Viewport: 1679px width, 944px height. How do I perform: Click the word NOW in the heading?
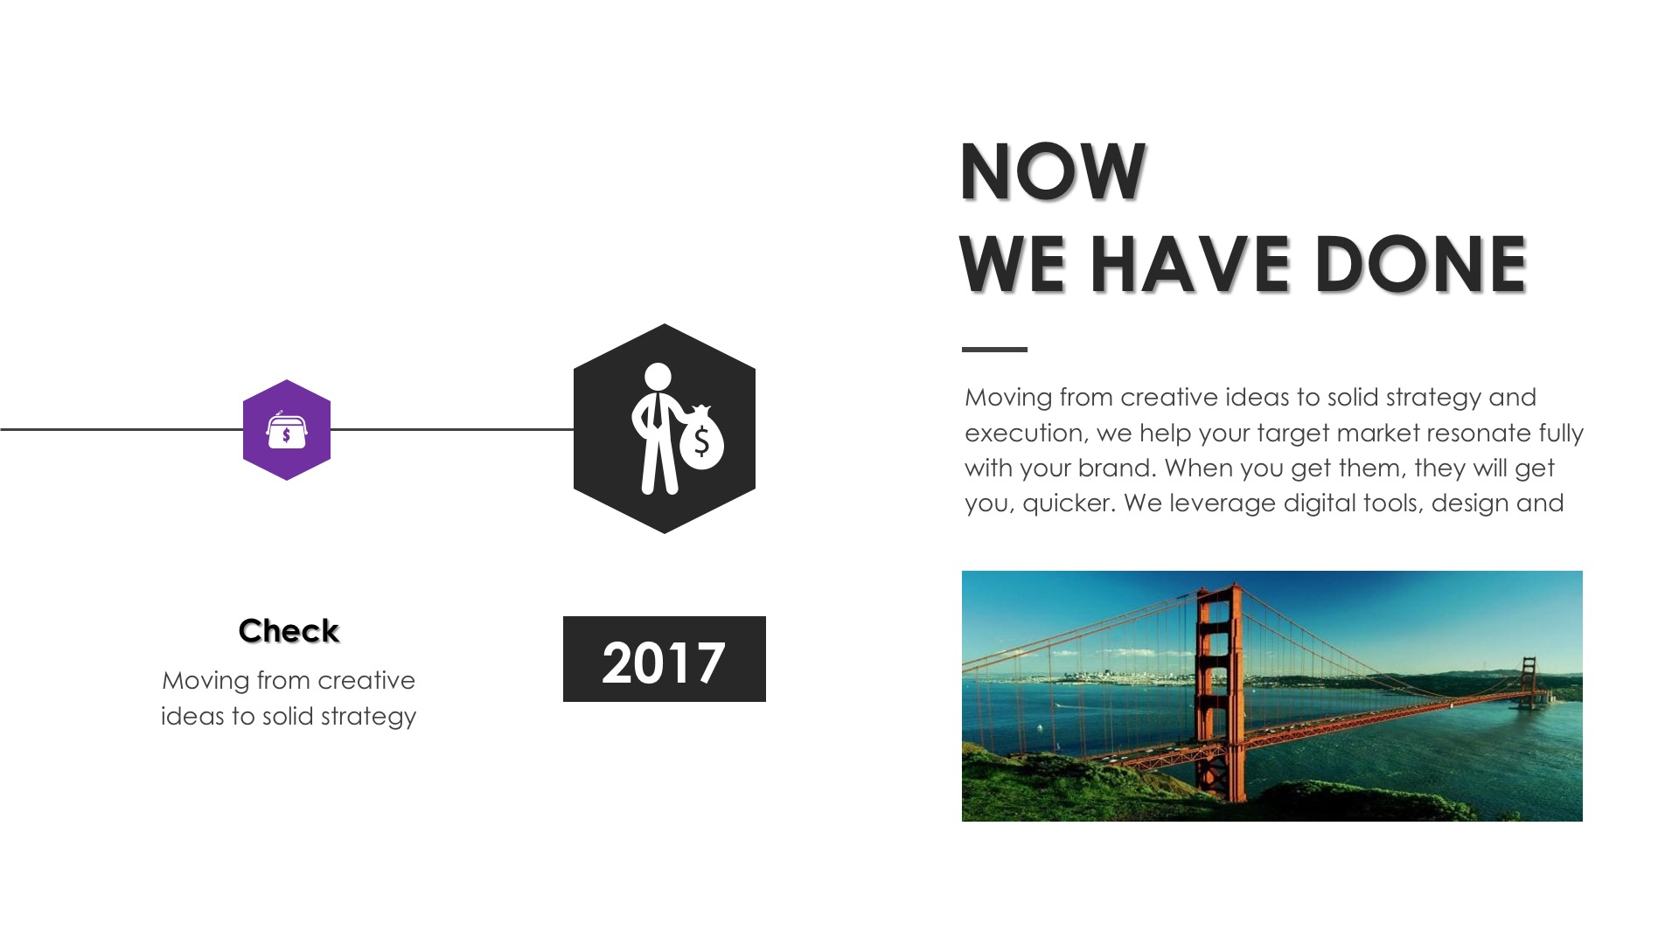click(1053, 171)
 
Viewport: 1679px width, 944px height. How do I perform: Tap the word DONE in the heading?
click(1420, 264)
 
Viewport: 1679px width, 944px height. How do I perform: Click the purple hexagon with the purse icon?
click(287, 429)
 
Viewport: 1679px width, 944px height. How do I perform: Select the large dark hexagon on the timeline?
click(665, 428)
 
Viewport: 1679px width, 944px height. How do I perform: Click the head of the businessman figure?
click(658, 377)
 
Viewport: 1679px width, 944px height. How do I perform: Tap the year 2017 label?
click(665, 659)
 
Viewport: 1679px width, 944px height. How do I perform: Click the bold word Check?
click(289, 631)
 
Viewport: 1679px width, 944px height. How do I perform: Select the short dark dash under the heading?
click(994, 350)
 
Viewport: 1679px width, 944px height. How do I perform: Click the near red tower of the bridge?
click(1219, 691)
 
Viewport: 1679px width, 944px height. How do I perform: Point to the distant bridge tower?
click(1528, 682)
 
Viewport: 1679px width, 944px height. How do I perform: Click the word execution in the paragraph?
click(1023, 434)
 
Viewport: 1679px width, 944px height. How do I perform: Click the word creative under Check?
click(366, 680)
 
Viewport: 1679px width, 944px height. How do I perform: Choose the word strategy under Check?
click(368, 718)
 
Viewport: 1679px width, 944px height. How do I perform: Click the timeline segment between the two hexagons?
click(452, 429)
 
